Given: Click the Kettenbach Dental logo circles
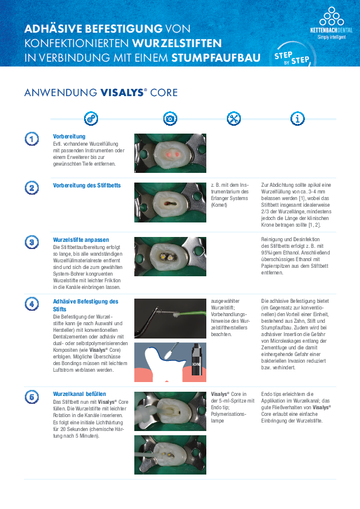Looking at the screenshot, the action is tap(332, 16).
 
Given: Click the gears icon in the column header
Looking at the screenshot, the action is tap(91, 118).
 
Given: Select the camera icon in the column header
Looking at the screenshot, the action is tap(170, 118).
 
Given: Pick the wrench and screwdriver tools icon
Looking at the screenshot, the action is tap(234, 118).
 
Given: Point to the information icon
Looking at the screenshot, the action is tap(297, 118).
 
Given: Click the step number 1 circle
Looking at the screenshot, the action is tap(32, 139).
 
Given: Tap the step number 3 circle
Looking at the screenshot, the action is tap(32, 242).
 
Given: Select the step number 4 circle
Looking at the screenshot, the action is tap(32, 304).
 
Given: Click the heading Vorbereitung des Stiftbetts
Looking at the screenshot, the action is tap(87, 186).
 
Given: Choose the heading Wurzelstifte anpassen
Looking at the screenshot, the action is tap(81, 240).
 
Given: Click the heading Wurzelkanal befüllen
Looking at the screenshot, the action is tap(80, 394).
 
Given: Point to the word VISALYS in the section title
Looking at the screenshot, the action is tap(122, 92).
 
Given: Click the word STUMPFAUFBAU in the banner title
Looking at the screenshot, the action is tap(216, 57).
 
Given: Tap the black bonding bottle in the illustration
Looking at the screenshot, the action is tap(197, 359).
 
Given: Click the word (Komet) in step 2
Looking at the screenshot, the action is tap(219, 205).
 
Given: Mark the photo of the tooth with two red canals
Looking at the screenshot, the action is tap(170, 153).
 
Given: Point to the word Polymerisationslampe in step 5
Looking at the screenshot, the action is tap(229, 417).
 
